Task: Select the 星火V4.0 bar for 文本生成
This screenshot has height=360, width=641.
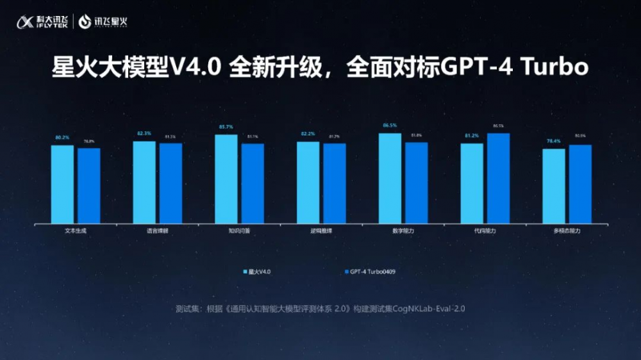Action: coord(62,184)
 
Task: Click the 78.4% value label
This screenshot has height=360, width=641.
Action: coord(553,142)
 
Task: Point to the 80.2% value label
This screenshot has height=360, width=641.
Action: coord(62,138)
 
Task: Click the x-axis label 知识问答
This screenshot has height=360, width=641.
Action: coord(238,231)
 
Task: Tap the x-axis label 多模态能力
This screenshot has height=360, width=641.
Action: coord(567,231)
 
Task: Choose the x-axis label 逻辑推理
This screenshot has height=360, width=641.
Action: coord(320,231)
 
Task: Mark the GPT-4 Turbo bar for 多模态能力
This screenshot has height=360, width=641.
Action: coord(580,184)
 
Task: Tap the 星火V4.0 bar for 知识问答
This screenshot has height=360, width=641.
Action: coord(226,179)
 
